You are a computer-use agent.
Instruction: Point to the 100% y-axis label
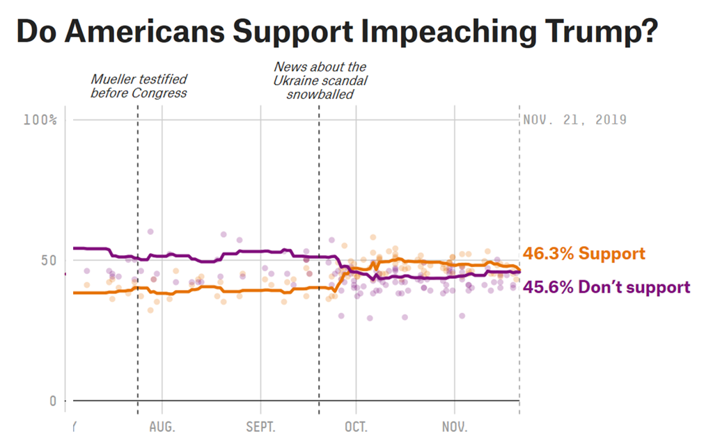point(40,120)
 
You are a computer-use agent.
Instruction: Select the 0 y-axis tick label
point(53,400)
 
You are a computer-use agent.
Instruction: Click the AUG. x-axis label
point(162,426)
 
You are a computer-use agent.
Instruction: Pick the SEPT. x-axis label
point(260,426)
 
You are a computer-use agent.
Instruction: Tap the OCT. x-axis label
point(355,426)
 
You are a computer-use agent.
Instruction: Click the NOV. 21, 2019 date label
point(574,120)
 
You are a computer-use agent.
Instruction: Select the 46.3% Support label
point(583,254)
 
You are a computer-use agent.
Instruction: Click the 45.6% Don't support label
point(606,286)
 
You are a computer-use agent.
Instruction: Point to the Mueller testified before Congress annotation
point(139,86)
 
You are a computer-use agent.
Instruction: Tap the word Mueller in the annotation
point(114,79)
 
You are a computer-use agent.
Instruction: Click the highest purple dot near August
point(150,232)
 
